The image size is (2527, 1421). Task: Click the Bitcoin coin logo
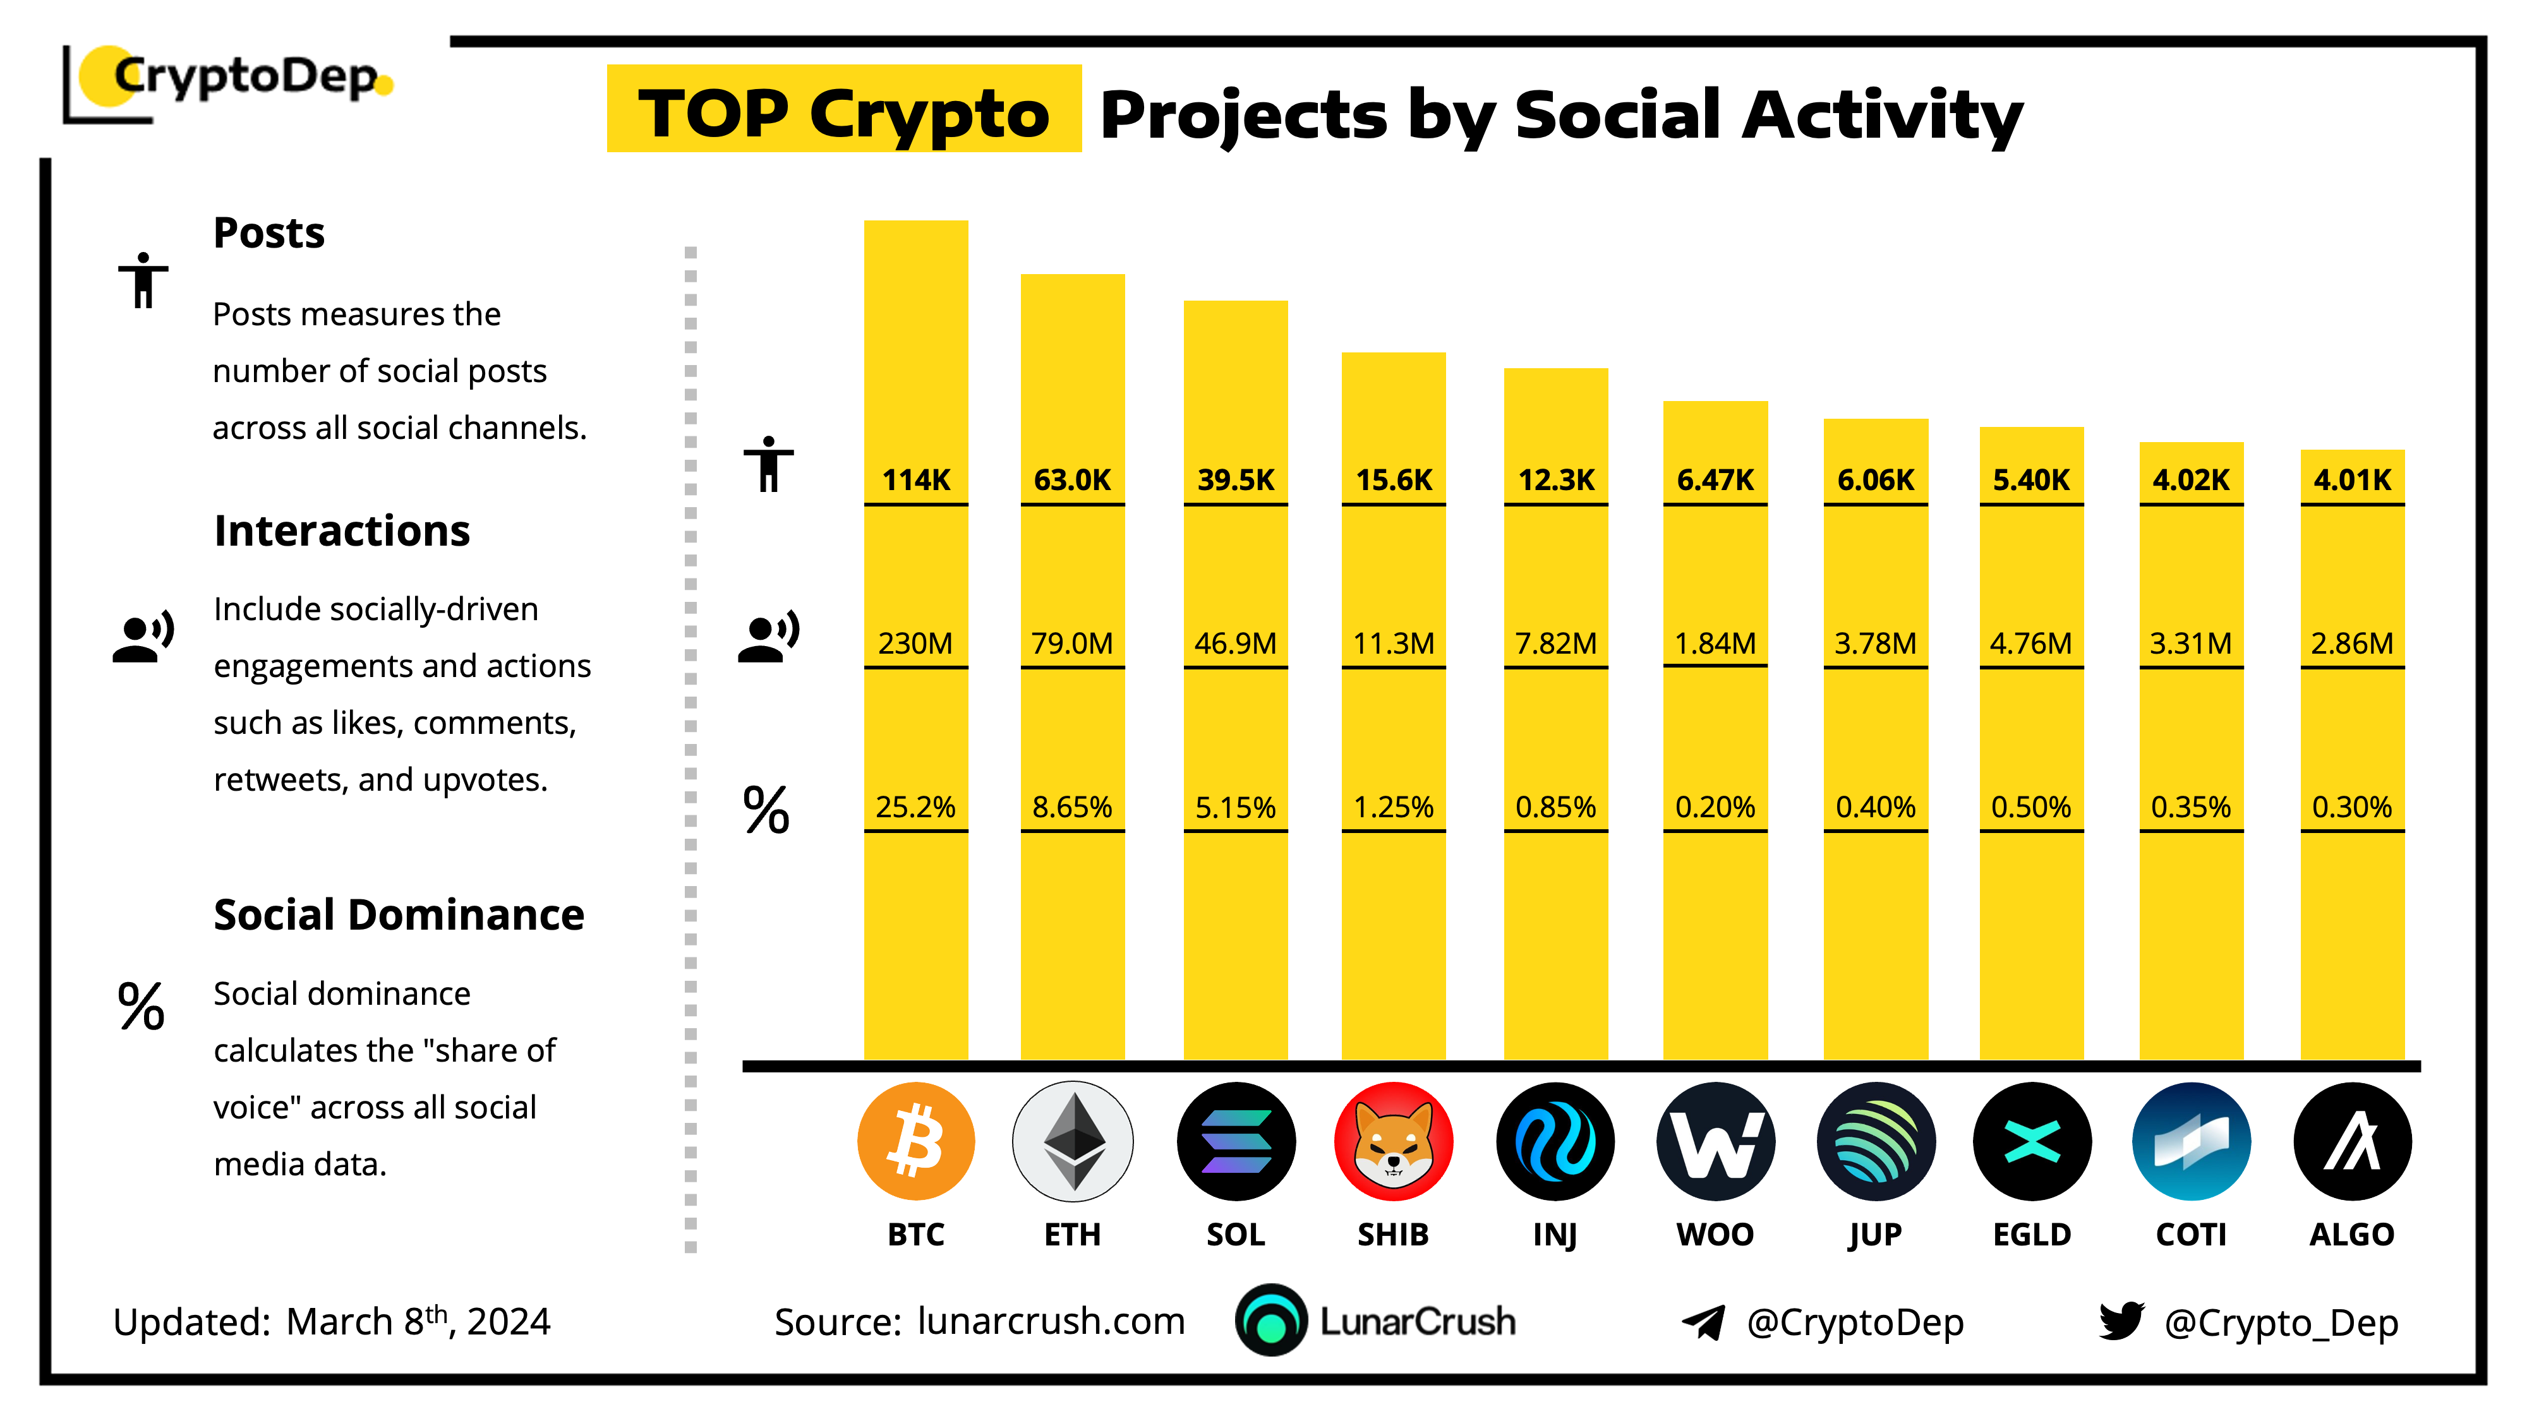pyautogui.click(x=915, y=1141)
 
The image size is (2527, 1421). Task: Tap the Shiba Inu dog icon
pyautogui.click(x=1393, y=1141)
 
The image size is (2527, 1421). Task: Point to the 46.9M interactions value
pyautogui.click(x=1235, y=644)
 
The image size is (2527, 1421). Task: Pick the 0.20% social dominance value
pyautogui.click(x=1715, y=807)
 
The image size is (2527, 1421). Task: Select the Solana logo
pyautogui.click(x=1235, y=1141)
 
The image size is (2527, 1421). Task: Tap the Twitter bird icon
pyautogui.click(x=2121, y=1321)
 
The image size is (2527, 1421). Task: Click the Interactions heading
pyautogui.click(x=341, y=531)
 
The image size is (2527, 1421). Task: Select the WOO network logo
pyautogui.click(x=1715, y=1141)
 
